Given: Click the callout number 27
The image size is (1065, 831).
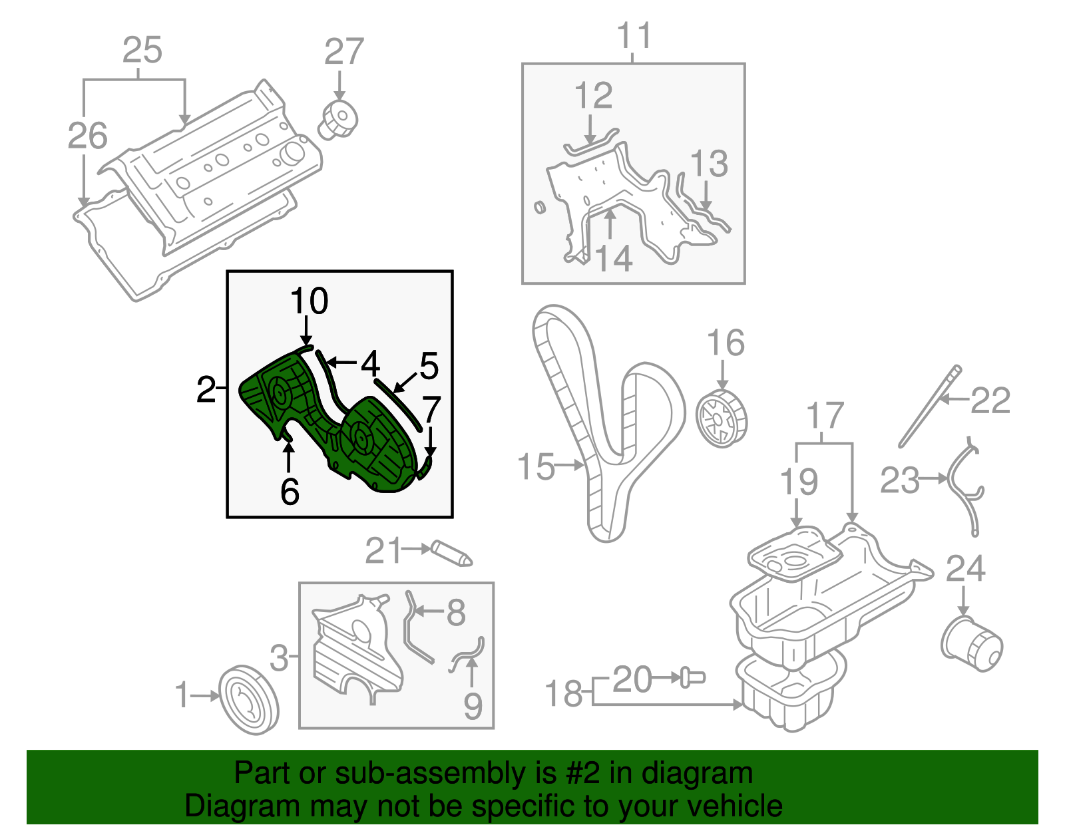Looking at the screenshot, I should pyautogui.click(x=344, y=52).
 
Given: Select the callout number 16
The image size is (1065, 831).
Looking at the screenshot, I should pyautogui.click(x=725, y=343).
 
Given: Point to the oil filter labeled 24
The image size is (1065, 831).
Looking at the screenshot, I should pyautogui.click(x=971, y=642).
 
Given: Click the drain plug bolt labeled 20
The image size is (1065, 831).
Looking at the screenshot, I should pyautogui.click(x=692, y=677).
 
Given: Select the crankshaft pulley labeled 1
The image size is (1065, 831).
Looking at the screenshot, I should pyautogui.click(x=248, y=699).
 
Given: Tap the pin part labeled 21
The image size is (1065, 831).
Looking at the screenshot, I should pyautogui.click(x=451, y=553).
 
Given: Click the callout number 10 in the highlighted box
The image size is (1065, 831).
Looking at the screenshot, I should pyautogui.click(x=310, y=301).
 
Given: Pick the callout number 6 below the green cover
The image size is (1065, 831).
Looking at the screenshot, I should pyautogui.click(x=290, y=492).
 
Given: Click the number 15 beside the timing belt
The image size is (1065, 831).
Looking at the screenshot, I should pyautogui.click(x=535, y=467).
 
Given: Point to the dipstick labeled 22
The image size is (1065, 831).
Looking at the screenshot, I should pyautogui.click(x=927, y=408).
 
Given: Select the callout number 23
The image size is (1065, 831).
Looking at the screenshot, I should pyautogui.click(x=899, y=480).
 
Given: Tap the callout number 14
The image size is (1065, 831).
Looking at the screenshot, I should pyautogui.click(x=613, y=258).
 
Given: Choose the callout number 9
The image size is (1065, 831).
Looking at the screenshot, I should pyautogui.click(x=473, y=706).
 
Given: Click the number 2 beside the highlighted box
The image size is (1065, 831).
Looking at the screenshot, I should pyautogui.click(x=206, y=389).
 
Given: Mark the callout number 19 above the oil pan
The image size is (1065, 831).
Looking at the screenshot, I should pyautogui.click(x=798, y=482).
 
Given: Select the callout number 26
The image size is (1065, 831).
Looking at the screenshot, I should pyautogui.click(x=87, y=136).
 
